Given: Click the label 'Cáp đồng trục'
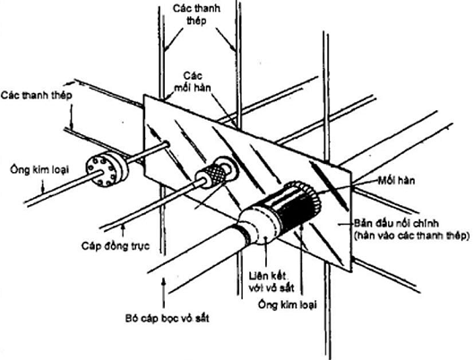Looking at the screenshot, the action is click(116, 246).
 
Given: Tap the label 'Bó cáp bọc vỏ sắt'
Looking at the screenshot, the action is click(168, 318).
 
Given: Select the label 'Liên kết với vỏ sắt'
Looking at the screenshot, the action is click(271, 282).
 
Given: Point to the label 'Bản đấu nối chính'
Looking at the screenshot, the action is click(396, 224).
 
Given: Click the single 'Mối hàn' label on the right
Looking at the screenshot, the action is click(396, 181).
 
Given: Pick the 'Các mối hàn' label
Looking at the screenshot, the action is click(193, 81).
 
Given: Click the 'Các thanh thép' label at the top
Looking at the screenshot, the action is click(196, 14).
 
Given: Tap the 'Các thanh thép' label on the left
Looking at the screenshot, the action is click(36, 96).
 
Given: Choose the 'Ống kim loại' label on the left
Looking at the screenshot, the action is click(39, 169).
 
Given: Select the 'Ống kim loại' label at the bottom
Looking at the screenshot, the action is click(288, 304).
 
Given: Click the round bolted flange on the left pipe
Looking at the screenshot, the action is click(108, 168).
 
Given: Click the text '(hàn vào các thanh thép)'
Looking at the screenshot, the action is click(412, 236).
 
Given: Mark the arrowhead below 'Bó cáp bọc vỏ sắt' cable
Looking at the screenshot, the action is click(164, 281).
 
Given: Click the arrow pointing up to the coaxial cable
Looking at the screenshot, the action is click(123, 230).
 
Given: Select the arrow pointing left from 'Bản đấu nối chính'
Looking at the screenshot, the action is click(346, 224).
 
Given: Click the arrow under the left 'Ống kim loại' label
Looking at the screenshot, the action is click(43, 184).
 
